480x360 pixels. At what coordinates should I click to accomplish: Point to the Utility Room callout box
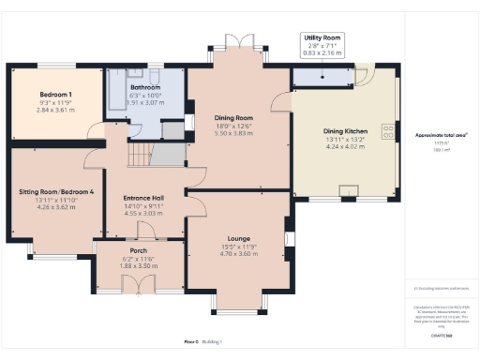coord(322,46)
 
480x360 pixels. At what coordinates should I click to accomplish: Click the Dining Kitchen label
coord(346,130)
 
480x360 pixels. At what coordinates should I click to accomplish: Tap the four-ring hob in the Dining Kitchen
coord(387,130)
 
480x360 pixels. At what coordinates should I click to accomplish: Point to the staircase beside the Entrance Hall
coord(141,153)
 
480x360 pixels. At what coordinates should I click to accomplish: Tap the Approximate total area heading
coord(442,134)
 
